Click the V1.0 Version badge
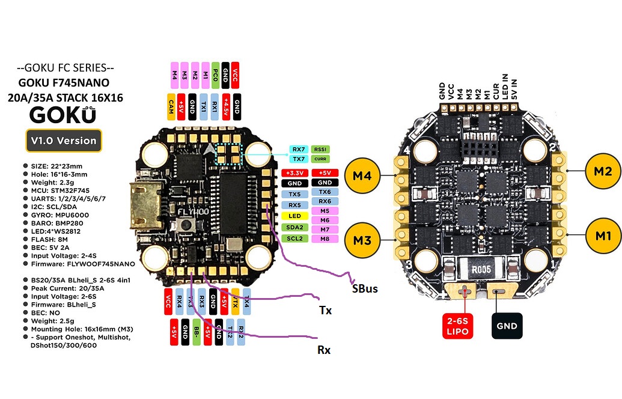63,141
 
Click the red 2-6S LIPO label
459,326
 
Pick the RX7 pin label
297,149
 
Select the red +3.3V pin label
294,173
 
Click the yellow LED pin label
294,216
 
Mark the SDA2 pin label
294,227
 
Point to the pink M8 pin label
325,239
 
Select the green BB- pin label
197,332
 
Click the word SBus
365,289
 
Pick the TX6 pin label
325,191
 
